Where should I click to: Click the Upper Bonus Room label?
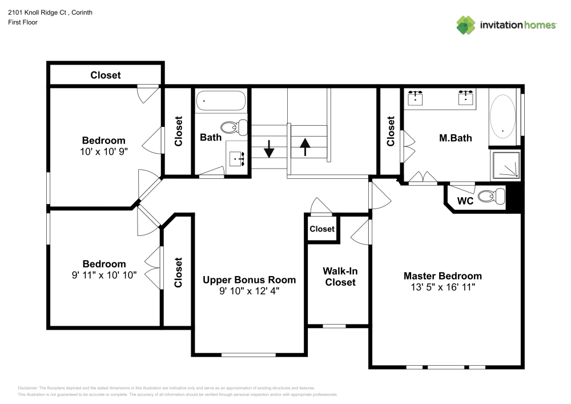(249, 280)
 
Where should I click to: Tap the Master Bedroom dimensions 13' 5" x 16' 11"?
(443, 287)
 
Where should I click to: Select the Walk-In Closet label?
(340, 277)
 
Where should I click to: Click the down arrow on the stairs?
(269, 149)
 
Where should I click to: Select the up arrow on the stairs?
(305, 147)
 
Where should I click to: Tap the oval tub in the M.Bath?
(502, 116)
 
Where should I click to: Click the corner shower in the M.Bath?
(505, 165)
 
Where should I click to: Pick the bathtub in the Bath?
(221, 101)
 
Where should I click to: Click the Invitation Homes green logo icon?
(466, 25)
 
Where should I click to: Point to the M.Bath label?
(456, 138)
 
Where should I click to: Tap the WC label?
(465, 201)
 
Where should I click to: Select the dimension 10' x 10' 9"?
(104, 151)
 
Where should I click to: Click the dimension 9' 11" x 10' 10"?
(104, 275)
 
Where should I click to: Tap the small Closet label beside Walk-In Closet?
(322, 229)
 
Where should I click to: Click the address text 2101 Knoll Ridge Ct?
(37, 13)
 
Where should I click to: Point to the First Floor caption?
(23, 22)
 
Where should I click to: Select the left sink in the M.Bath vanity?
(415, 97)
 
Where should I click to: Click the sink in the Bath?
(236, 159)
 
